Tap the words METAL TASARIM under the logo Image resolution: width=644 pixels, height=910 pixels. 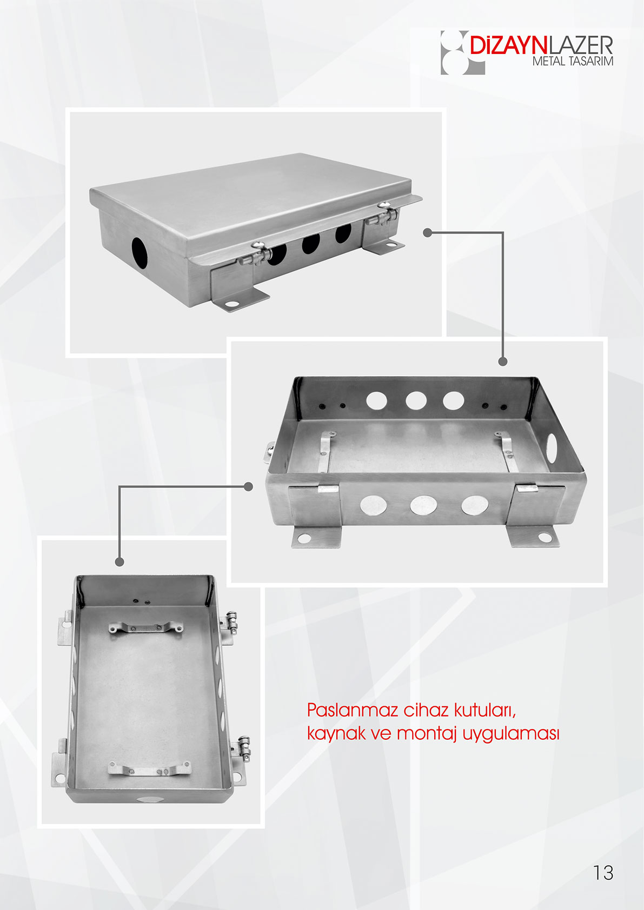tap(573, 62)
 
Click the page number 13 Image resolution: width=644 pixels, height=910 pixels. tap(603, 872)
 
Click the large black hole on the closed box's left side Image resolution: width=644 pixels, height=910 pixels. tap(139, 253)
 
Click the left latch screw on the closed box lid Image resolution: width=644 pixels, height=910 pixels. tap(257, 244)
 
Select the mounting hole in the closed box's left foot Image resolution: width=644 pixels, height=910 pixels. tap(232, 304)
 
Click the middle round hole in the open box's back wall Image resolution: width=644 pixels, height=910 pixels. tap(415, 400)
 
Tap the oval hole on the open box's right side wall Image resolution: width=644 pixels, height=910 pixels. tap(552, 449)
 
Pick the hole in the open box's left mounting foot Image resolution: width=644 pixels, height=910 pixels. tap(304, 539)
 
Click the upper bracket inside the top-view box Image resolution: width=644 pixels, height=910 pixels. tap(145, 628)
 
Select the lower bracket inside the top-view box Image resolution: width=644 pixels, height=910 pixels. tap(149, 769)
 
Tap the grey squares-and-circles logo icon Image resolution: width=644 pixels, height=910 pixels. tap(463, 52)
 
